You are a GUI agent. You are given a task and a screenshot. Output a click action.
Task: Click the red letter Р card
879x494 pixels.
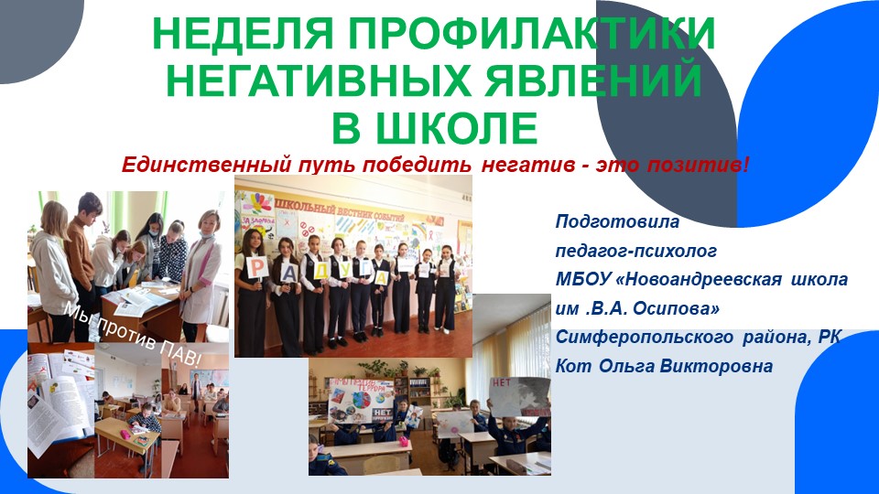pyautogui.click(x=259, y=267)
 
